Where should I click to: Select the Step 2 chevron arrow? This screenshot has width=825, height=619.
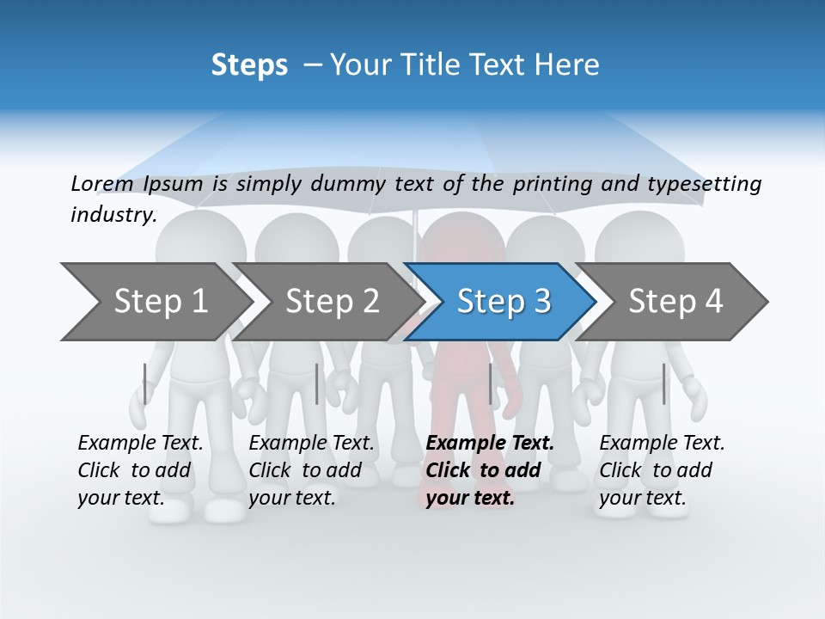[x=331, y=302]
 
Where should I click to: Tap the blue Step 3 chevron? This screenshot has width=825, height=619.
[x=503, y=302]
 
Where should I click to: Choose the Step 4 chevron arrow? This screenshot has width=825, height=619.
[x=675, y=302]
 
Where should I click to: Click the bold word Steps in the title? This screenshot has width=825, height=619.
[x=249, y=64]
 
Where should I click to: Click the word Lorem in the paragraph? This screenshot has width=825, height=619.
[x=101, y=184]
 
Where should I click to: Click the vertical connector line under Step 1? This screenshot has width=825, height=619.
[x=145, y=383]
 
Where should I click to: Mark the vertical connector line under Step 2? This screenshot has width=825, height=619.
[x=317, y=383]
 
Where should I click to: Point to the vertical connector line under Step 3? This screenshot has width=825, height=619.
[x=490, y=383]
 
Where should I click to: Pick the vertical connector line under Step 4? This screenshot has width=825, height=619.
[x=663, y=383]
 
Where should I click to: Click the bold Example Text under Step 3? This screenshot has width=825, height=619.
[x=490, y=444]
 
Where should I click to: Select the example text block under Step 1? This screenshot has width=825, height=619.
[x=140, y=470]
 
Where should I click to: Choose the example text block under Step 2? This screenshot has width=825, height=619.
[x=311, y=470]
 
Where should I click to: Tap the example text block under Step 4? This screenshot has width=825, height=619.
[x=662, y=470]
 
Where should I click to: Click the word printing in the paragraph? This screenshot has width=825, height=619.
[x=554, y=184]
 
